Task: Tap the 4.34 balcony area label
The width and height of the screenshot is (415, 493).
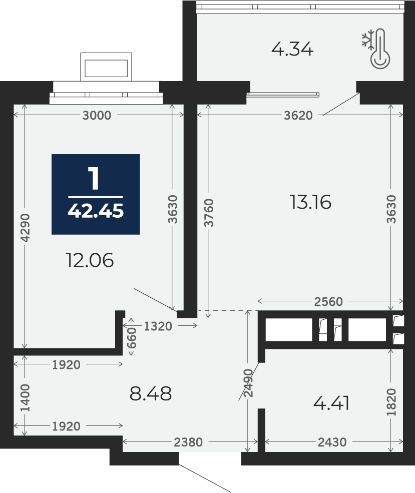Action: tap(292, 50)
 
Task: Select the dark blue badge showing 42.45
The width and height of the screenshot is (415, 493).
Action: tap(96, 194)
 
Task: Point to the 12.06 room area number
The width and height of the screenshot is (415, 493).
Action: tap(90, 261)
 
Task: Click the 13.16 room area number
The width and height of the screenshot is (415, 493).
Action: tap(310, 202)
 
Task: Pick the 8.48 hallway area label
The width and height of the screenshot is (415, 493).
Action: tap(151, 393)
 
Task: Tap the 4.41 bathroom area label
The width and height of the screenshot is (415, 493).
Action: tap(331, 403)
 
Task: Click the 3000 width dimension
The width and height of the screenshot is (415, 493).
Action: tap(97, 116)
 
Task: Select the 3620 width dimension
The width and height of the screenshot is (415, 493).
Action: tap(298, 116)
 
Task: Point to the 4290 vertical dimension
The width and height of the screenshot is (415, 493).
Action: tap(26, 228)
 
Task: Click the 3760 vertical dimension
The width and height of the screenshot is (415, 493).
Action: tap(209, 213)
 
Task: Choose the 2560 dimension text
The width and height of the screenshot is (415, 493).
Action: tap(328, 301)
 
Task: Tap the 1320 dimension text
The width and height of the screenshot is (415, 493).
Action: tap(158, 326)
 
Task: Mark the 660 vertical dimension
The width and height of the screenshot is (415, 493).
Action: tap(132, 338)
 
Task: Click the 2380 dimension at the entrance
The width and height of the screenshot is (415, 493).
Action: tap(188, 442)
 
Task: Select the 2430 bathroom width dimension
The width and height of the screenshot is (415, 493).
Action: tap(332, 442)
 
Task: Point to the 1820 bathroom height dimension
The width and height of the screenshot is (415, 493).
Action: tap(391, 402)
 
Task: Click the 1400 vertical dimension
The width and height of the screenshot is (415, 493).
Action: tap(25, 398)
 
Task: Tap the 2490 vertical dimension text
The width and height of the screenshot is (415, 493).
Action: tap(248, 383)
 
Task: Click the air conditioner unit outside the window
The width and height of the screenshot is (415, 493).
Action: tap(106, 67)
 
